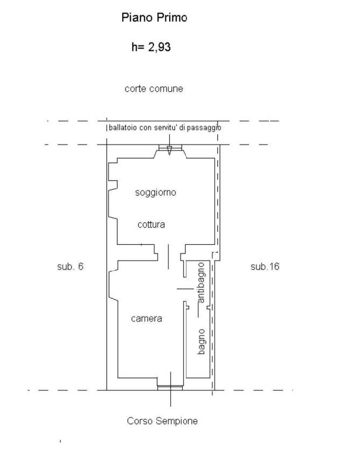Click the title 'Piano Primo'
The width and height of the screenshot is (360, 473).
(154, 18)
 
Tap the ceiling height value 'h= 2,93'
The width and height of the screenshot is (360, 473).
(151, 47)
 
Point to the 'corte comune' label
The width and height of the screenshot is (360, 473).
(154, 88)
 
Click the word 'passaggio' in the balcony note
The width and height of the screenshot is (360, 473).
(204, 128)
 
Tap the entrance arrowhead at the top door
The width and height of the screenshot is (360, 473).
(169, 150)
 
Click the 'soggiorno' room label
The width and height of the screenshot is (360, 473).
(155, 193)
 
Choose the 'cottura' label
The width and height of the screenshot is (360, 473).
(151, 224)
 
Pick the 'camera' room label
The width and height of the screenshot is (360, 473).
(147, 319)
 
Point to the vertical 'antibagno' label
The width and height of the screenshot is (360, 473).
(201, 283)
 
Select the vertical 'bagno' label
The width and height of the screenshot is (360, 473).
(202, 341)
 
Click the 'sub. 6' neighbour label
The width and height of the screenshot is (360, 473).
(70, 266)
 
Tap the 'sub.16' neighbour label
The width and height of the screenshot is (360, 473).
(265, 266)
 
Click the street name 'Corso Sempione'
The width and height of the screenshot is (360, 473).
(162, 421)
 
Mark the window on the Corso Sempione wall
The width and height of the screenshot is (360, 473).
(170, 387)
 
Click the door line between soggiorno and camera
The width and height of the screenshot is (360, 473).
(168, 257)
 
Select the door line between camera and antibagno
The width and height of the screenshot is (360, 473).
(185, 289)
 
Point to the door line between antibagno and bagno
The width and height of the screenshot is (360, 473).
(198, 310)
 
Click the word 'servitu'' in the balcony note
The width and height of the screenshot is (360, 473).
(165, 128)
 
